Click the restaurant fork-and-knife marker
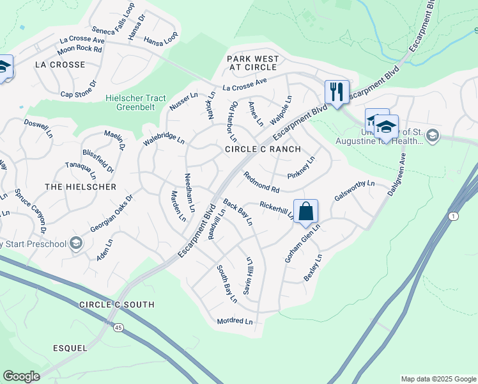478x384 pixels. [336, 92]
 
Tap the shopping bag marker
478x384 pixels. [306, 211]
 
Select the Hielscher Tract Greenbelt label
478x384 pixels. [132, 102]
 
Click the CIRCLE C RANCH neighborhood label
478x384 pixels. [263, 149]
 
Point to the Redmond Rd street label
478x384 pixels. [261, 182]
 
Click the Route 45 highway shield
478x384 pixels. [118, 328]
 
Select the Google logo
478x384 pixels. [22, 376]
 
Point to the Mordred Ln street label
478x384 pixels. [235, 321]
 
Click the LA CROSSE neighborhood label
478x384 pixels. [60, 65]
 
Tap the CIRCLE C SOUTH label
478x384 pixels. [116, 305]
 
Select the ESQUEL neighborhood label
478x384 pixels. [70, 348]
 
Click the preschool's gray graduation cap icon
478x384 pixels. [76, 243]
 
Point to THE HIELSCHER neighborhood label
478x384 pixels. [81, 187]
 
